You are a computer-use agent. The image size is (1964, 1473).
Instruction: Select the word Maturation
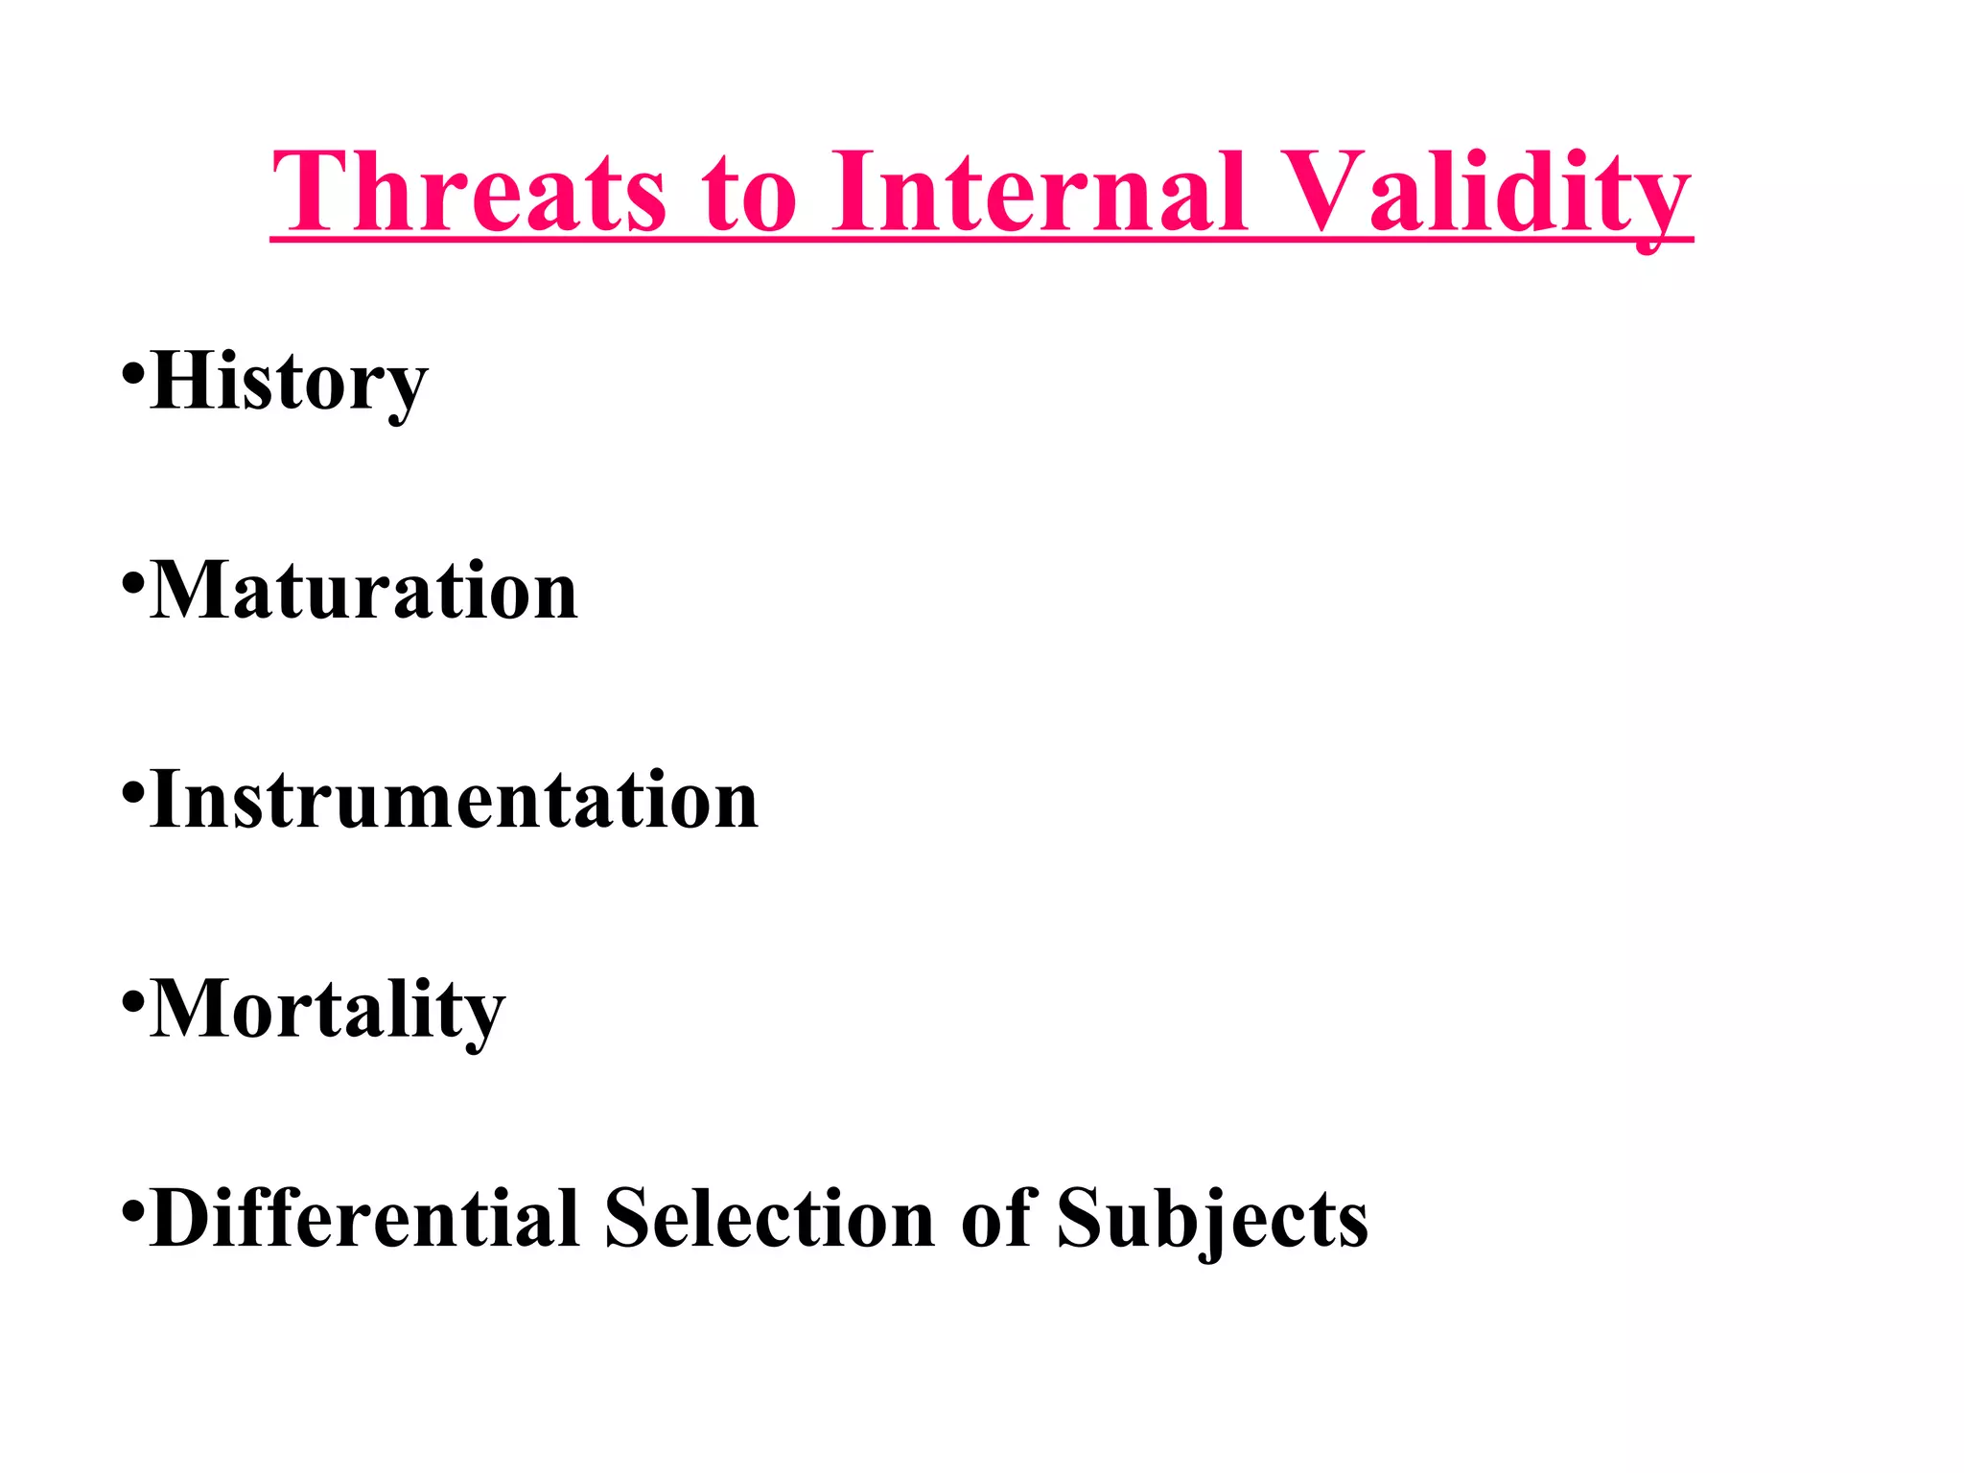coord(364,592)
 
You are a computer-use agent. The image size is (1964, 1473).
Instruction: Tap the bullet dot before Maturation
coord(133,582)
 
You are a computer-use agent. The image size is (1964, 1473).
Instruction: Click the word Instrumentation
coord(455,801)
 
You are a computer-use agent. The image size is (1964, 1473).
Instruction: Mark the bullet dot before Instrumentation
coord(133,791)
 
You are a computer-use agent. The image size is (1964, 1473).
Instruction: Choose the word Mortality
coord(328,1010)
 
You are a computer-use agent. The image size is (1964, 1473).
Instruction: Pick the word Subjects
coord(1212,1220)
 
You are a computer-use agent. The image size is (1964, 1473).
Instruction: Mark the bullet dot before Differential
coord(133,1210)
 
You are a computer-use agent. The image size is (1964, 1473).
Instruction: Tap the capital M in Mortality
coord(192,1009)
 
